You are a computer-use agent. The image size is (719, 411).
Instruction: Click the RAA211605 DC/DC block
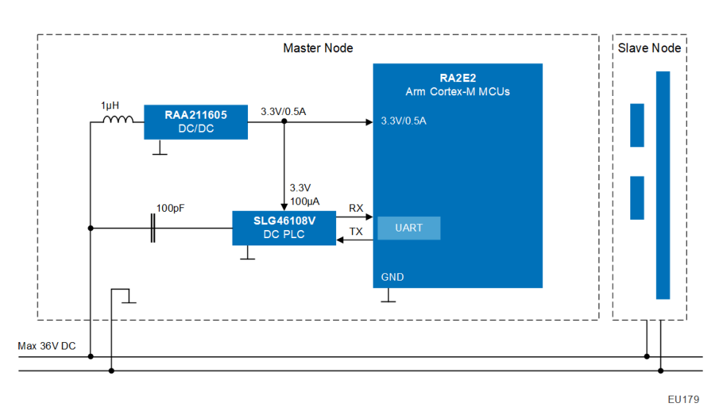[195, 122]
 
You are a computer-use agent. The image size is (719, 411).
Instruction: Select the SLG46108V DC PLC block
[283, 228]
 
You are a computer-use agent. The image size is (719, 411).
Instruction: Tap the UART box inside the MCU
[409, 228]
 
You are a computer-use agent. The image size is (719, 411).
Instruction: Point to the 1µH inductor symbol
[117, 121]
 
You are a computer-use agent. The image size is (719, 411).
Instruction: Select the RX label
[356, 209]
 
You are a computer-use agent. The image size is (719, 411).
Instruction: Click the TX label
[356, 232]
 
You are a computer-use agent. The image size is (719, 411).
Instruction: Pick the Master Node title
[318, 48]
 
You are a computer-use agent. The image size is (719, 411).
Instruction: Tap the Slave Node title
[649, 48]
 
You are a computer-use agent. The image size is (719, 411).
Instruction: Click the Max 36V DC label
[47, 346]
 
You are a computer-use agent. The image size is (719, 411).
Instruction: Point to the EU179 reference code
[683, 399]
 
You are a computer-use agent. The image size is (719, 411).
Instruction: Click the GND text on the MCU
[393, 278]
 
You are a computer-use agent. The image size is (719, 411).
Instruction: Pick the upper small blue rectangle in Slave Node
[637, 125]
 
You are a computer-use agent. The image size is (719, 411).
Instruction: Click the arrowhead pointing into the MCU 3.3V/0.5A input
[369, 122]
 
